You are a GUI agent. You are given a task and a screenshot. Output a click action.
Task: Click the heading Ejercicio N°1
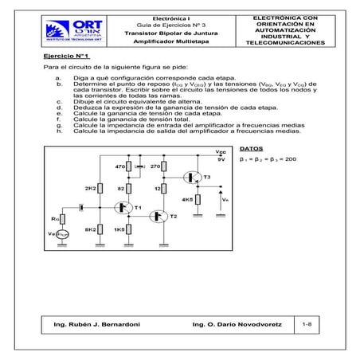pos(66,57)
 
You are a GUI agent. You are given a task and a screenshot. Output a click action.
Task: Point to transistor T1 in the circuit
pos(125,207)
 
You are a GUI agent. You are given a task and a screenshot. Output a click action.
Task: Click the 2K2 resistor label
pos(90,188)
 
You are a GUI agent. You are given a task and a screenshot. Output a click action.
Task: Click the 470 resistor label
pos(121,167)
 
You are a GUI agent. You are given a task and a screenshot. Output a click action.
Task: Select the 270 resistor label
pos(156,167)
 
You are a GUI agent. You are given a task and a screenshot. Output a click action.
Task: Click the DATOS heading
pos(250,149)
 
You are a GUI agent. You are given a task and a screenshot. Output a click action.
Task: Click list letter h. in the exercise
pos(59,131)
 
